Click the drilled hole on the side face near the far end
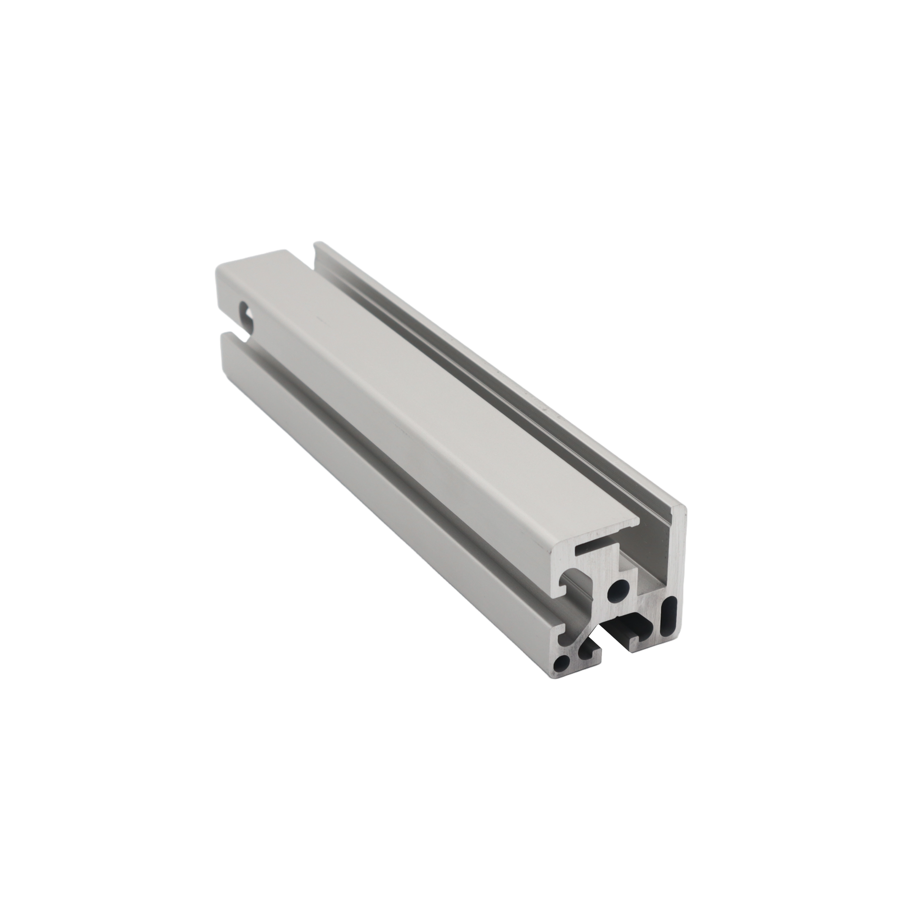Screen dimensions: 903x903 (246, 310)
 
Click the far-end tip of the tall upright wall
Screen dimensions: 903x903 (320, 243)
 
